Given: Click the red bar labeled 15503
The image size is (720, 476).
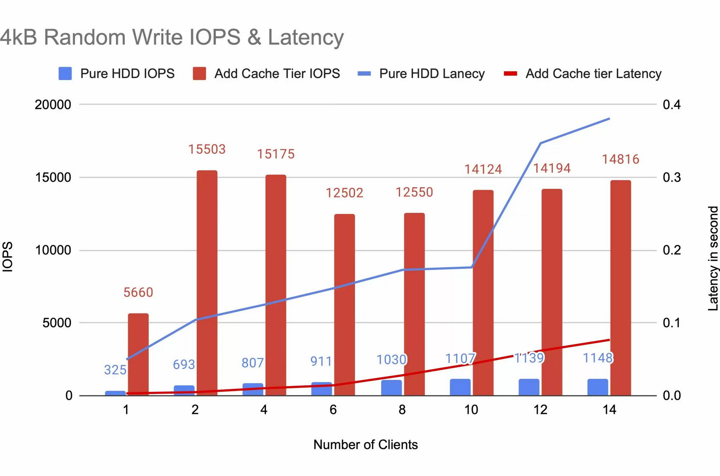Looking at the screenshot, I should pos(207,283).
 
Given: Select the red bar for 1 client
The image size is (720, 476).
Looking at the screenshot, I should pos(138,354).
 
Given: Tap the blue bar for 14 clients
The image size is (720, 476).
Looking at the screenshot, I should pos(597,387).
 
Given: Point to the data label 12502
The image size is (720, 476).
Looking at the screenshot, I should pos(344,193).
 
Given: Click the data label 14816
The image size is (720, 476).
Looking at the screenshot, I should pos(620,160).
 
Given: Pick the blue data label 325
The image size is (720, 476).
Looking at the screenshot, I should pos(115,370).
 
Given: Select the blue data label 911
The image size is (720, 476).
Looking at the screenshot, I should pos(321,361).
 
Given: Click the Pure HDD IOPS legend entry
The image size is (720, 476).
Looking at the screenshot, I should pos(117,74).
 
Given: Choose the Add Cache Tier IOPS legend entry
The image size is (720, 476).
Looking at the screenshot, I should pos(266,74).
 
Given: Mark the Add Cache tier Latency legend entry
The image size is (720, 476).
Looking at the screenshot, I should pos(583,74).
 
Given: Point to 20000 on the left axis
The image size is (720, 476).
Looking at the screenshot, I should pos(53,105).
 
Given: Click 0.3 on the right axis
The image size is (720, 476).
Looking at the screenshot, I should pos(672,177).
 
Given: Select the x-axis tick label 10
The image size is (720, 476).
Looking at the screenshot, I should pos(471,410).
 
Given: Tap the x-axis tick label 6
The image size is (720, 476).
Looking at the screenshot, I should pos(333,410).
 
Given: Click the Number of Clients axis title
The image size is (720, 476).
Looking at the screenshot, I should pos(365,445).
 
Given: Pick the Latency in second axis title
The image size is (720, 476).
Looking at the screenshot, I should pos(713,258).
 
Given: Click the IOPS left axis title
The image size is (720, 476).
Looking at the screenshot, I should pos(8,257).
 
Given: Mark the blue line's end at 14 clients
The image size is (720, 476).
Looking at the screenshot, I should pos(609,119).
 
